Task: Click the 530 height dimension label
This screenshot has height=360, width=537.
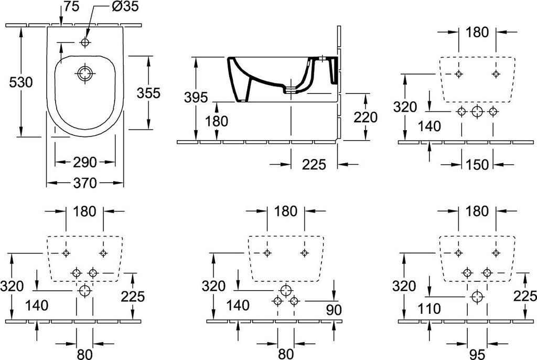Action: [21, 82]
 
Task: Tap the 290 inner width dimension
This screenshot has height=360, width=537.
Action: [85, 162]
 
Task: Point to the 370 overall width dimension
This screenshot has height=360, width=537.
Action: [85, 183]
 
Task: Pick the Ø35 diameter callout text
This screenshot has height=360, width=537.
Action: [125, 7]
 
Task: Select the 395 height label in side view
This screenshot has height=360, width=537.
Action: [196, 97]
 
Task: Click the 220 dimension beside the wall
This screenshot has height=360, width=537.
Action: [366, 118]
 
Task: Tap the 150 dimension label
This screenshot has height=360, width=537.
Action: [477, 164]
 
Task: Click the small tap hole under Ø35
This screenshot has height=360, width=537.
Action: [85, 42]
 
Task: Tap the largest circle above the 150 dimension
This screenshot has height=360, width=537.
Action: [477, 111]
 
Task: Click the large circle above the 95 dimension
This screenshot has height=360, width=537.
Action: [477, 297]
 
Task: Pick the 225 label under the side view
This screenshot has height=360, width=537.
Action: [314, 164]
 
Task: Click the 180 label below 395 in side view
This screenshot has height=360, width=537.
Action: [216, 121]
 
